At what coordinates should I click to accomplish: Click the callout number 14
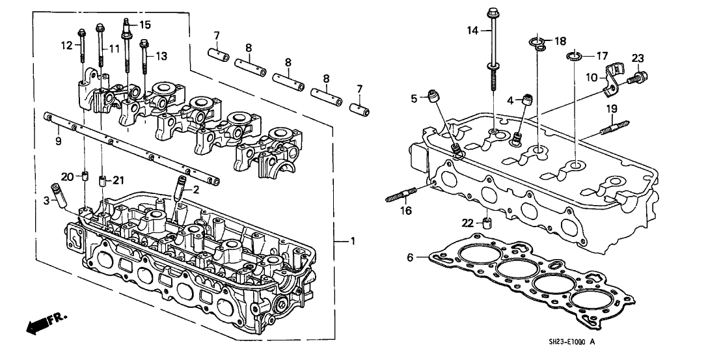pyautogui.click(x=472, y=30)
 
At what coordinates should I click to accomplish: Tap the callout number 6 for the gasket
pyautogui.click(x=410, y=258)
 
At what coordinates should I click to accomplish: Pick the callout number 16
pyautogui.click(x=405, y=210)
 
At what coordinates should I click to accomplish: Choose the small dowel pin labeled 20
pyautogui.click(x=84, y=174)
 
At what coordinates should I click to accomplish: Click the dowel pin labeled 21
pyautogui.click(x=102, y=180)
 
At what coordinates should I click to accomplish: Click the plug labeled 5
pyautogui.click(x=432, y=98)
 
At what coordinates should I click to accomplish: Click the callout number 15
pyautogui.click(x=144, y=25)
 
